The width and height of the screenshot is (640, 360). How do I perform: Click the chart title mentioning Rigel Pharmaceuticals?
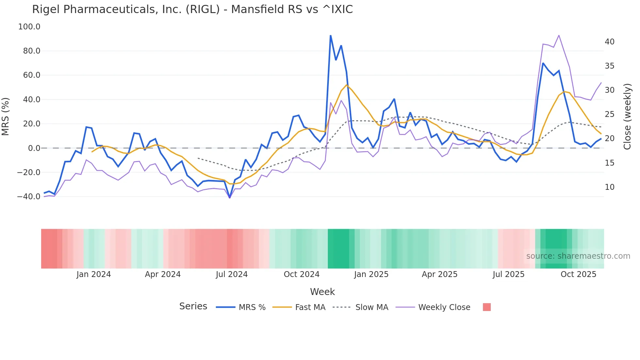click(x=192, y=9)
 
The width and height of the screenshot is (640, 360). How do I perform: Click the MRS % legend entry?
click(x=241, y=307)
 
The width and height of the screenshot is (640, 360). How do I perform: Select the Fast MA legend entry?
click(x=299, y=307)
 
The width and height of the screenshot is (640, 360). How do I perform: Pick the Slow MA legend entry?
click(x=360, y=307)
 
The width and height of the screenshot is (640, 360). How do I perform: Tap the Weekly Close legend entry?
click(x=433, y=307)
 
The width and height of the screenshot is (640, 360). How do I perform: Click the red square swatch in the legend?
click(x=487, y=307)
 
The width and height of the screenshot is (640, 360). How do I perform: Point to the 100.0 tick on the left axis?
click(x=29, y=27)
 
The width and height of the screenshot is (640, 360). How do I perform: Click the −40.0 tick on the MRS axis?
click(x=28, y=197)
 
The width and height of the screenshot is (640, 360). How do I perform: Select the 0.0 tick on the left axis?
click(x=34, y=148)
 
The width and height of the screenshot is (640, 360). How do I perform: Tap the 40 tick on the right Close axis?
click(x=609, y=42)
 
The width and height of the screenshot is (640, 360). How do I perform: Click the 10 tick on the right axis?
click(x=609, y=187)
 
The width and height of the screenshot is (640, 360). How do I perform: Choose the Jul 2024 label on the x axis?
click(x=232, y=274)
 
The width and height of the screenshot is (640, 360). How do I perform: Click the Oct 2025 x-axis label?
click(x=578, y=274)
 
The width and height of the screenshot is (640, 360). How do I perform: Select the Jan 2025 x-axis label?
click(x=371, y=274)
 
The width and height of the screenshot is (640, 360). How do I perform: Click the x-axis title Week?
click(x=322, y=292)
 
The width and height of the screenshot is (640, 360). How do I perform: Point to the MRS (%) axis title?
click(x=6, y=116)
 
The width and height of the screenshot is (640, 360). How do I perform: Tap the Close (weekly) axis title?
click(x=627, y=116)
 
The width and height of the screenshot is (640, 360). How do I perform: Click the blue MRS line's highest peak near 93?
click(x=330, y=36)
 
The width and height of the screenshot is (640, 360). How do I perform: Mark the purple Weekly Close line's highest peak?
click(x=559, y=35)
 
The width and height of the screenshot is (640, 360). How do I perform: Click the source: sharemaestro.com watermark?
click(x=578, y=256)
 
